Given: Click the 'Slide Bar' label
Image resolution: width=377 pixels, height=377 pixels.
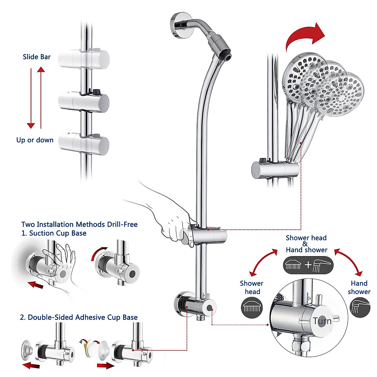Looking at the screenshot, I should click(x=36, y=57).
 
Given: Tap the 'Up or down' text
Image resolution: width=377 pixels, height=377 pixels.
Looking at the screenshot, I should click(x=35, y=140).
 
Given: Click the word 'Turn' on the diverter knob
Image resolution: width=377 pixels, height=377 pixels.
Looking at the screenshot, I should click(x=322, y=321).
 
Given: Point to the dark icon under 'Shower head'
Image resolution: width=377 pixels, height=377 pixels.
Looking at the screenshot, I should click(x=252, y=308).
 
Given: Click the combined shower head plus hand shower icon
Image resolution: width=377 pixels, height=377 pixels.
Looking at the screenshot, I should click(x=308, y=265).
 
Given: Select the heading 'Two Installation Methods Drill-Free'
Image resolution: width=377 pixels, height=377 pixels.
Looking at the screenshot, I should click(x=79, y=224).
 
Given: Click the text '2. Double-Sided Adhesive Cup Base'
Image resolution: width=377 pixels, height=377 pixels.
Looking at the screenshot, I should click(x=79, y=317).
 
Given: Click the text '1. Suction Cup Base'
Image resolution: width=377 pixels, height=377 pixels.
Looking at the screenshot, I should click(x=54, y=233).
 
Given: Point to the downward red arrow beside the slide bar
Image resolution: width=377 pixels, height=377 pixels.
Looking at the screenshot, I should click(x=31, y=97).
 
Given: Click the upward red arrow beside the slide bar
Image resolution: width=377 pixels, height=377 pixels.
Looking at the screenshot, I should click(x=41, y=97).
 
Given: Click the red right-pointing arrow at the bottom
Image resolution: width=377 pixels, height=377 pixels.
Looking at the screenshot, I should click(x=105, y=366).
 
